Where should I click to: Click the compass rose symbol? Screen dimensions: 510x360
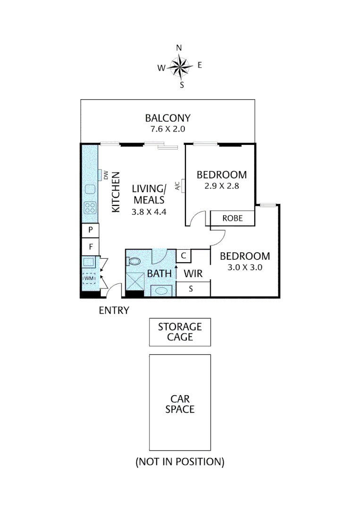(179, 67)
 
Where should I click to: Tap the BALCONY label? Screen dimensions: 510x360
(167, 118)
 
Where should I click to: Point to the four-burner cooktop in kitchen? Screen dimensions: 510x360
(90, 207)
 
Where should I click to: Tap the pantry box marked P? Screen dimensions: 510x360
(90, 230)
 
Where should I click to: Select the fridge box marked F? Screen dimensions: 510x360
(90, 246)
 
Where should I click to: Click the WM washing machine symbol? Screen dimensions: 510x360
(89, 279)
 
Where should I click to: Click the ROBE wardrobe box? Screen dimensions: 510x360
(232, 219)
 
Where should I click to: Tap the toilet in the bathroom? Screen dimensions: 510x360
(134, 260)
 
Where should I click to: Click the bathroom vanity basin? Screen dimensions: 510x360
(163, 290)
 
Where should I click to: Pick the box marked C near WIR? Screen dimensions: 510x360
(184, 256)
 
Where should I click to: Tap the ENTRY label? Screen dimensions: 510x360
(114, 310)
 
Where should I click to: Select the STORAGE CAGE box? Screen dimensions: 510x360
(180, 331)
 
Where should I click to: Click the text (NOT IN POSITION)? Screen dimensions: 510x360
(180, 461)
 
